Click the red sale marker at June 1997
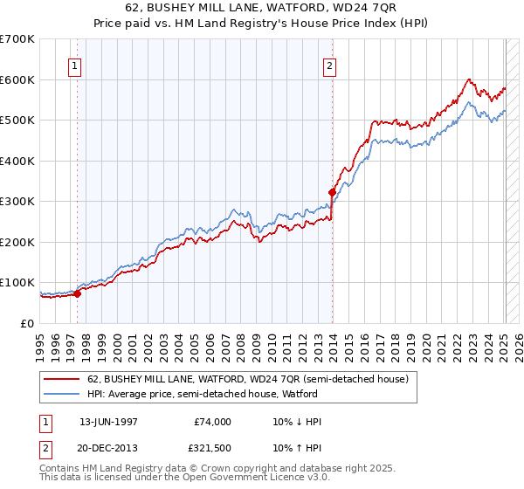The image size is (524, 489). tap(77, 293)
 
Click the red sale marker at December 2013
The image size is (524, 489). tap(332, 192)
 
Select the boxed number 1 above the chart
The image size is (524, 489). tap(75, 65)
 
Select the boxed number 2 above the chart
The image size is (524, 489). tap(330, 65)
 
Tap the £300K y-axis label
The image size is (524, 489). tap(17, 201)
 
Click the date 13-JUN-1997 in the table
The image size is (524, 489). tap(109, 422)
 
